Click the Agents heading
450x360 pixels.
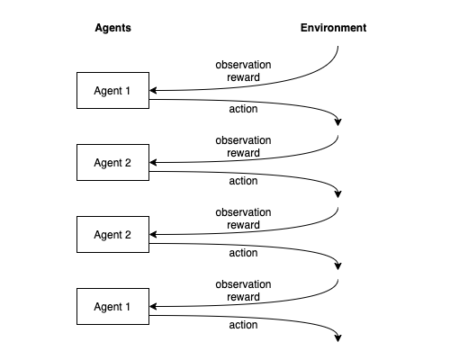click(112, 28)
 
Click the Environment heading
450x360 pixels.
click(333, 28)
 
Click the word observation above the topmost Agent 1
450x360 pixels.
click(243, 65)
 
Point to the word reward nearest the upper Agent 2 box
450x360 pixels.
click(243, 153)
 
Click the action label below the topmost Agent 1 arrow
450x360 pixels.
click(243, 109)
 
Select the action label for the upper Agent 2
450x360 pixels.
click(243, 181)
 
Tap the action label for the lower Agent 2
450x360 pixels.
click(243, 253)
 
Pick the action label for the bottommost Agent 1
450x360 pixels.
click(243, 325)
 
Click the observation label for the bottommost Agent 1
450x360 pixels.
click(243, 284)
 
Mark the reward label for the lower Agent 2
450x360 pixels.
click(243, 225)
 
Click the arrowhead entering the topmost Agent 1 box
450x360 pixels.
click(153, 90)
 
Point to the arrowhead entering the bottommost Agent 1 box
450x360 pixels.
click(153, 306)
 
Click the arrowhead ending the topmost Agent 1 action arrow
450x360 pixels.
click(338, 122)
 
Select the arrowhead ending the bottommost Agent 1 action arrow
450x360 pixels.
click(338, 338)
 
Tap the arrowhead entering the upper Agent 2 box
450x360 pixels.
click(153, 162)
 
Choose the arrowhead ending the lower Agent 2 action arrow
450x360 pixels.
click(338, 266)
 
